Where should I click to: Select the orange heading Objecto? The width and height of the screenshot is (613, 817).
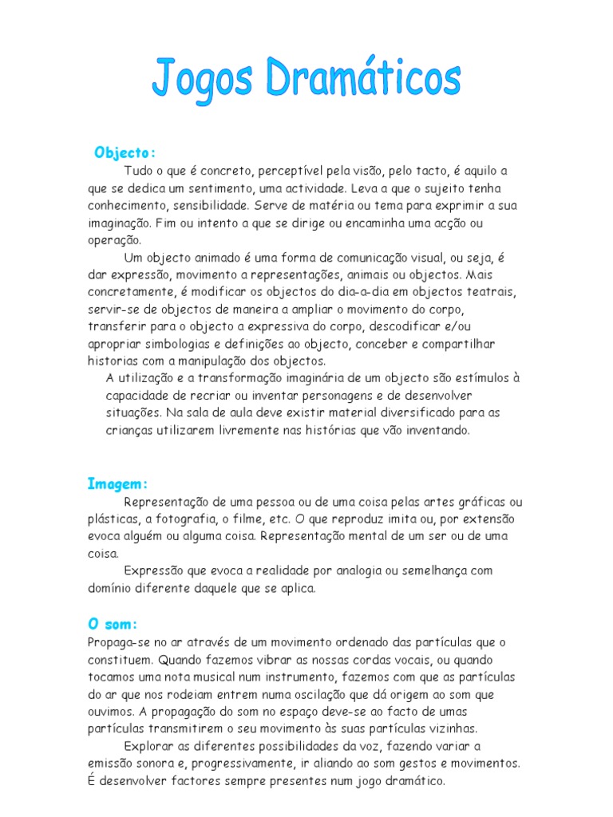coord(125,152)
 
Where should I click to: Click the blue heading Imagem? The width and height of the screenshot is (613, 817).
coord(118,483)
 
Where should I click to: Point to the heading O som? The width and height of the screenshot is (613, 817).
coord(113,625)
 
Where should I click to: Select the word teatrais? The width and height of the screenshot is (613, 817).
coord(492,292)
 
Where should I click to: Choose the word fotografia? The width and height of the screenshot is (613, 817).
coord(180,519)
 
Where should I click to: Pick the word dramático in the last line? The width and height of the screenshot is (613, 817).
coord(413,780)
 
